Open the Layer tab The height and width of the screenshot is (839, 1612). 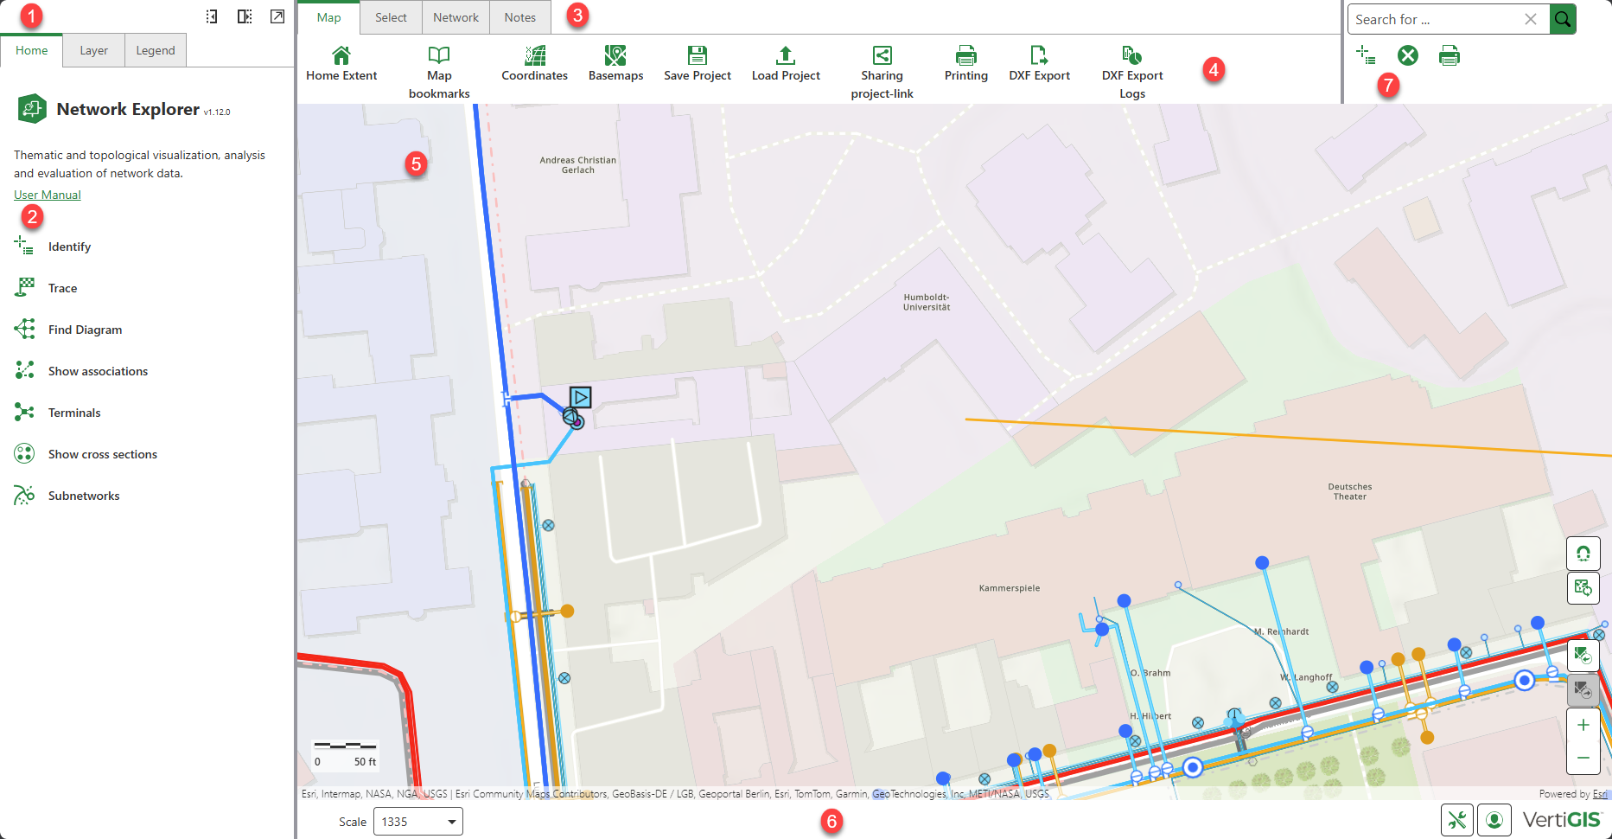93,51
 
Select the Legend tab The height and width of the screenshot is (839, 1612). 156,51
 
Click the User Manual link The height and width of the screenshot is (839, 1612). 48,195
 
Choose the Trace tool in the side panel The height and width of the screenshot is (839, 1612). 62,288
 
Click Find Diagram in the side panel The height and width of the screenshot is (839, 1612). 85,330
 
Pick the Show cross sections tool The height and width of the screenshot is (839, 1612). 102,454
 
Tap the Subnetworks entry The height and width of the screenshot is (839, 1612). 84,496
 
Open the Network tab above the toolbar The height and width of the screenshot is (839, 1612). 456,17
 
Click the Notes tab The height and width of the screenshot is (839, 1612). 519,17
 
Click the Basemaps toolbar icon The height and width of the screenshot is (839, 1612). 615,56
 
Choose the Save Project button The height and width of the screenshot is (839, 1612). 697,56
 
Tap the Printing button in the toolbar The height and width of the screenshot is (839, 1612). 965,56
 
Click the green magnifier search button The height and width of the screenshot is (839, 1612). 1563,19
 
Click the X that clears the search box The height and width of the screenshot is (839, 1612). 1531,19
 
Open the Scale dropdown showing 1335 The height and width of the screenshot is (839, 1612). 418,822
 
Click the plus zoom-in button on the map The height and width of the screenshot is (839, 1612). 1583,725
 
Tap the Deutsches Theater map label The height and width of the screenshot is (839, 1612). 1350,491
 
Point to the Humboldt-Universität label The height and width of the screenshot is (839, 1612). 927,302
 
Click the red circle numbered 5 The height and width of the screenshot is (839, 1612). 417,163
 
